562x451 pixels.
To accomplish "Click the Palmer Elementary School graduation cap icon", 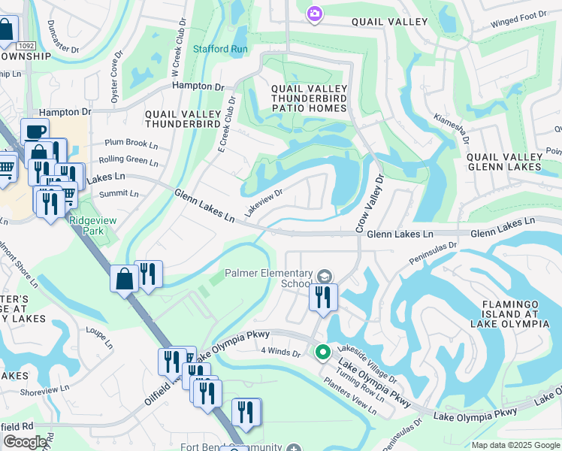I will [x=324, y=277].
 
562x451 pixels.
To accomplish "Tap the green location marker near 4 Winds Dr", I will [x=323, y=352].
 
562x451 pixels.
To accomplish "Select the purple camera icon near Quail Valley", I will [x=315, y=14].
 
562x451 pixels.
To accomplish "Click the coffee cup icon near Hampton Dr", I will [x=35, y=132].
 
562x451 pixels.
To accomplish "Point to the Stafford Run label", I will [x=220, y=50].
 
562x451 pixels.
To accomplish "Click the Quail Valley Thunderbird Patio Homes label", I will [x=309, y=98].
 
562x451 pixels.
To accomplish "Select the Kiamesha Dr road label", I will [x=452, y=129].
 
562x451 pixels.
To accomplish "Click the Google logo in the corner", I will [x=25, y=442].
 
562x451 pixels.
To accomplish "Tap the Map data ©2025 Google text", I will [x=515, y=445].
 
